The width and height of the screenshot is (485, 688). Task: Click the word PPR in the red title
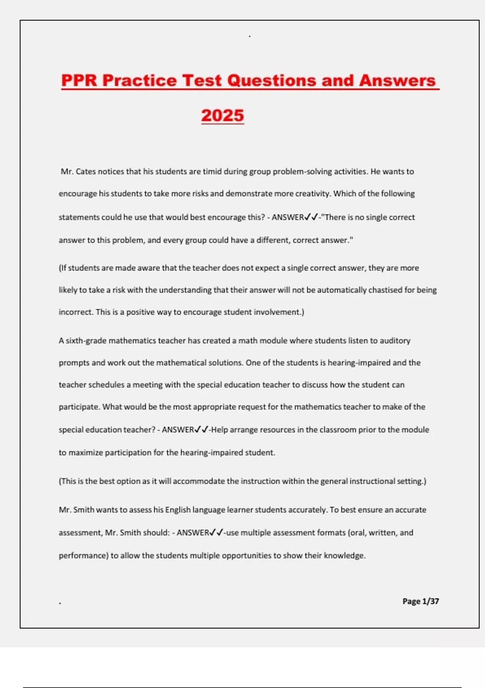79,80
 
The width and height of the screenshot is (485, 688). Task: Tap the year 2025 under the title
223,115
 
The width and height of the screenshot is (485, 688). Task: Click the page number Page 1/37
420,601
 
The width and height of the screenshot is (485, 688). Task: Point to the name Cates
86,172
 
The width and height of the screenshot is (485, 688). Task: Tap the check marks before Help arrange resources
201,429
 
